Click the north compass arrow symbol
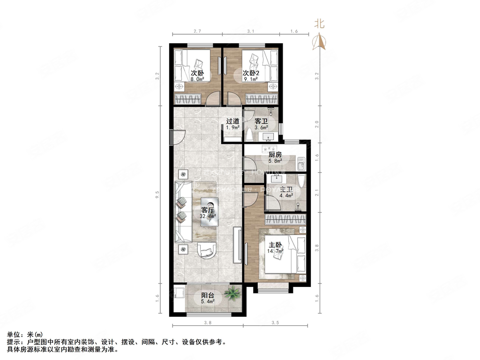tap(320, 42)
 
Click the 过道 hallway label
tap(233, 121)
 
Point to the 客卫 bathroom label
tap(261, 121)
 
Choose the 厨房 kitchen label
tap(275, 155)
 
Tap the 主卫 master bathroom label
tap(286, 190)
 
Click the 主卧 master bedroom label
tap(275, 245)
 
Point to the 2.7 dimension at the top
tap(197, 31)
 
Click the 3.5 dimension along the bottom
tap(275, 323)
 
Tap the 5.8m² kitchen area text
tap(275, 161)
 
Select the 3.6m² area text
tap(261, 127)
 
